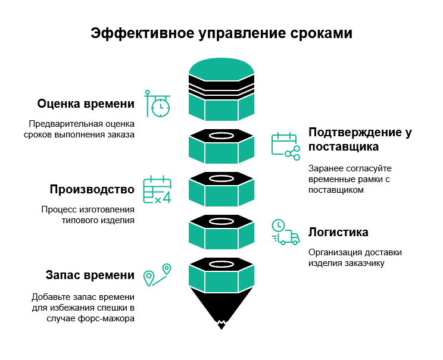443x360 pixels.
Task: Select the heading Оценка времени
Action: tap(86, 104)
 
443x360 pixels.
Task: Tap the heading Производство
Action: tap(92, 190)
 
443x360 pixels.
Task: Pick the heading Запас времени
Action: tap(90, 276)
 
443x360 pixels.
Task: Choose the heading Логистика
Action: tap(338, 232)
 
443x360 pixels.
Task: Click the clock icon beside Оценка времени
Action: tap(158, 104)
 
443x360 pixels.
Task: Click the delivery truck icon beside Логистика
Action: tap(285, 233)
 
